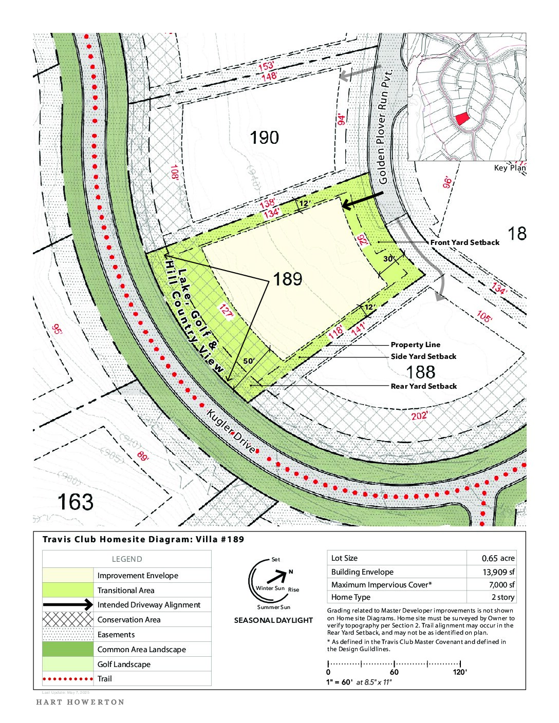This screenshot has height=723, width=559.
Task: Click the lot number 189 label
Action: point(287,279)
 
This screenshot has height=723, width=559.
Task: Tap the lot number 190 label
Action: point(264,138)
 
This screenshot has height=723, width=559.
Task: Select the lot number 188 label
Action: point(420,372)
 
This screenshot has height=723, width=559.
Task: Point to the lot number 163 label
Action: point(75,502)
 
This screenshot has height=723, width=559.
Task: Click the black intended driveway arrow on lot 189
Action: point(362,200)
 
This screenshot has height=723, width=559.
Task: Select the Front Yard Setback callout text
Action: point(464,242)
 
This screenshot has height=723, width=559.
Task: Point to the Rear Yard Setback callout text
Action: point(423,386)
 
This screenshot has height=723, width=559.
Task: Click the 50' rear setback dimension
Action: point(249,361)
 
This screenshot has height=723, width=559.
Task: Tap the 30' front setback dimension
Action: point(389,259)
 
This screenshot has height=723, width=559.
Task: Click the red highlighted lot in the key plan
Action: point(462,119)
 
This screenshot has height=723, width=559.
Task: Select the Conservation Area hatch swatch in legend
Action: point(68,619)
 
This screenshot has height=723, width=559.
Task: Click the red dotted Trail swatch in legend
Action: point(68,679)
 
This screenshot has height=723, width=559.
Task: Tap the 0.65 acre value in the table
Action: point(498,558)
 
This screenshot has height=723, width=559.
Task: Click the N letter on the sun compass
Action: point(291,572)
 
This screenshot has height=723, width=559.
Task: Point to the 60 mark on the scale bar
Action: point(394,672)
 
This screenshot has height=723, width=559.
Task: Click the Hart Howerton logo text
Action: point(80,702)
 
